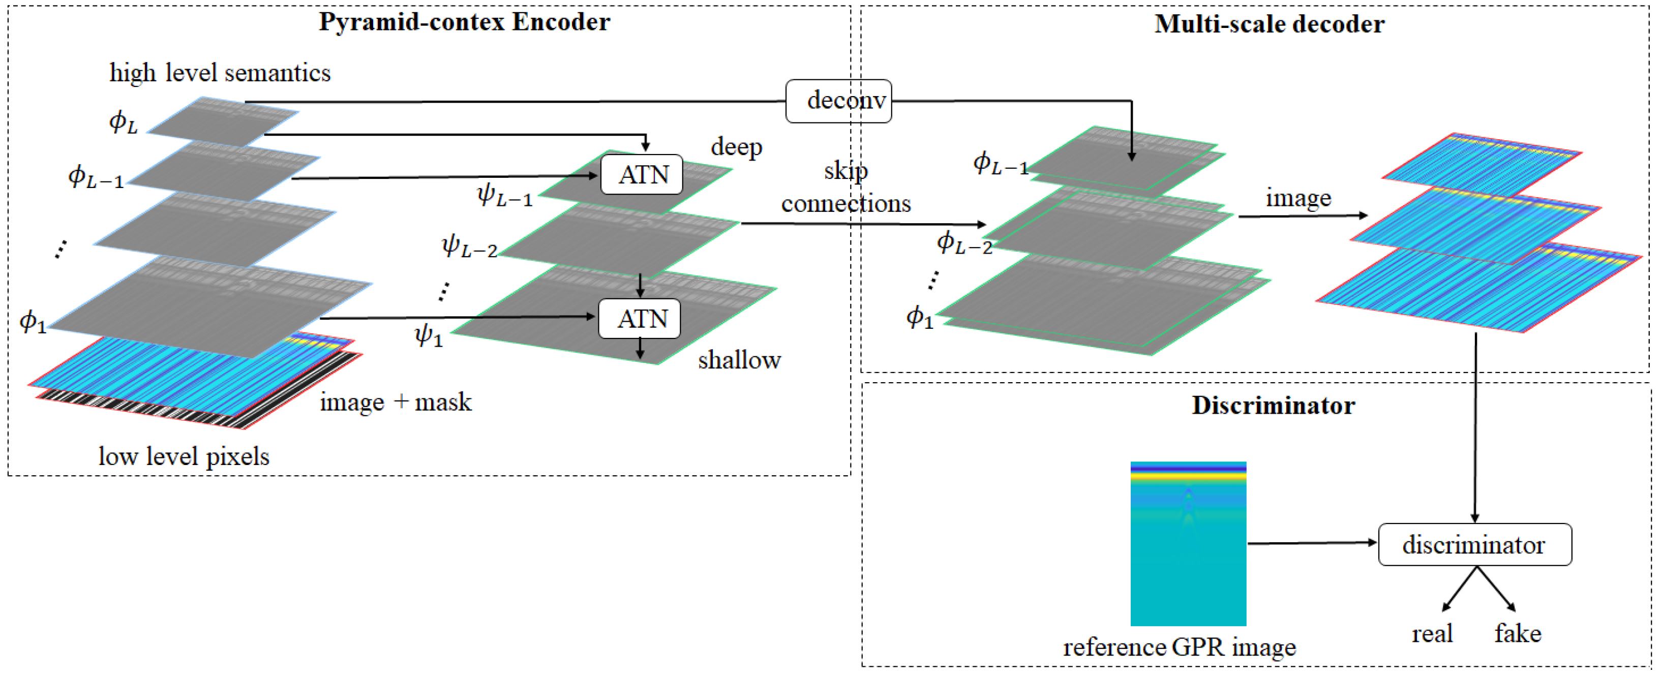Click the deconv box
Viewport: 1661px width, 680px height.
point(838,101)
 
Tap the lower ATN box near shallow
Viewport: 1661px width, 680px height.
point(640,319)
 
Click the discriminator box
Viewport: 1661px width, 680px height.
point(1474,545)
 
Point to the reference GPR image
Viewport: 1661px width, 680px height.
point(1188,543)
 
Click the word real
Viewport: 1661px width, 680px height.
point(1432,634)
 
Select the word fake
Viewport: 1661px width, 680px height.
point(1517,634)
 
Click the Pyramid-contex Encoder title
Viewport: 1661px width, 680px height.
point(464,22)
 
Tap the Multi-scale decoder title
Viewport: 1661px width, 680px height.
point(1269,24)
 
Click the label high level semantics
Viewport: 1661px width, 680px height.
point(220,72)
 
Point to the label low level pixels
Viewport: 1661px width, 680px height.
point(184,456)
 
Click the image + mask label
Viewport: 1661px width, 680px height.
point(395,402)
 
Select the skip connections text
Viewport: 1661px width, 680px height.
point(845,188)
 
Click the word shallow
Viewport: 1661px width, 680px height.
point(739,360)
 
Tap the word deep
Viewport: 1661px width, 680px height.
point(736,147)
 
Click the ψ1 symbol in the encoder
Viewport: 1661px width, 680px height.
point(429,335)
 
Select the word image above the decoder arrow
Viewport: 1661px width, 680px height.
point(1298,198)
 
